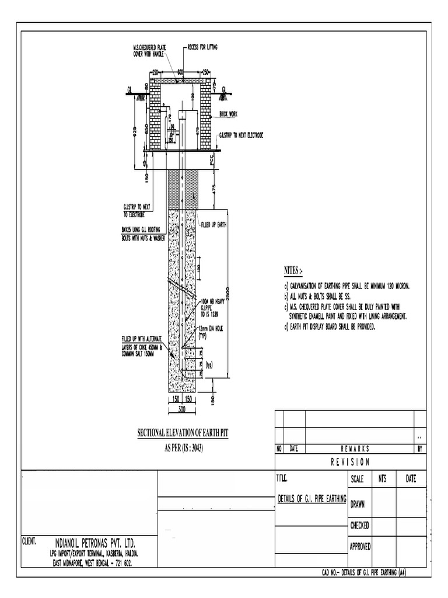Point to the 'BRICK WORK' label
coord(230,114)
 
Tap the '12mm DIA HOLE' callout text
coord(211,329)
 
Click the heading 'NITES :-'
coord(293,271)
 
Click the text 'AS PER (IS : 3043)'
coord(177,448)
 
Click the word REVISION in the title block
coord(350,462)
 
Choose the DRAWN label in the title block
coord(358,505)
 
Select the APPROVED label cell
coord(360,547)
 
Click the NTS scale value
coord(383,479)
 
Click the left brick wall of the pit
coord(155,114)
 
